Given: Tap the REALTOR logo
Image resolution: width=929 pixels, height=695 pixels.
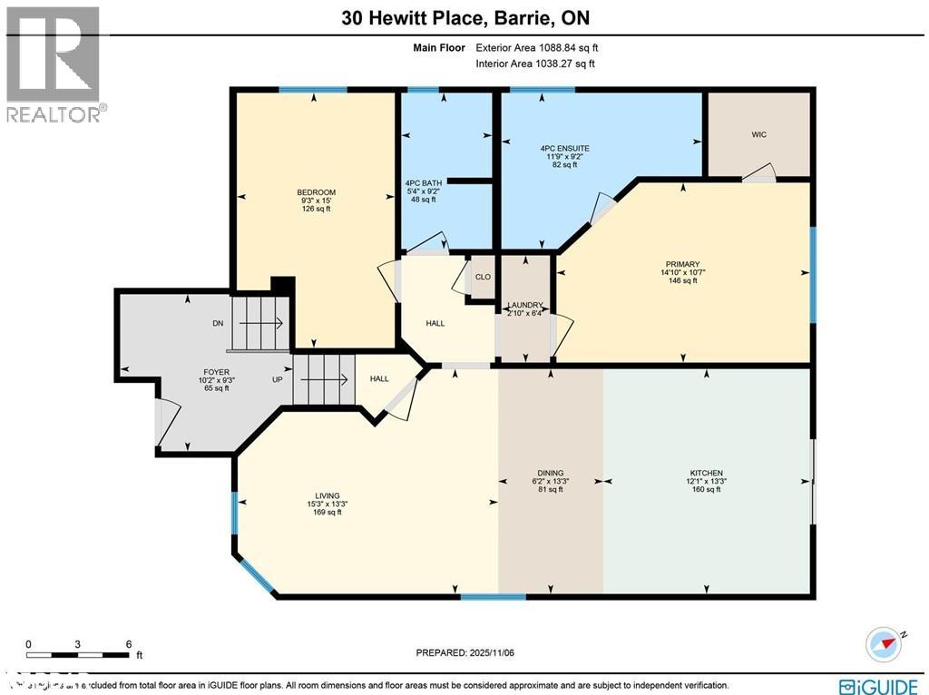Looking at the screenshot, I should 54,64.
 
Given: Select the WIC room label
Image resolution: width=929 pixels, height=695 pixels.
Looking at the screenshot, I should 758,134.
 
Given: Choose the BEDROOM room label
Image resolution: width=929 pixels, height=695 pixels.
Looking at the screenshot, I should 316,192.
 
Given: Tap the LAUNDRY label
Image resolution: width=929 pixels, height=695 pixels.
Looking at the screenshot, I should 525,306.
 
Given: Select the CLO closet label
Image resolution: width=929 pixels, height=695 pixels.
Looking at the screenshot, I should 483,277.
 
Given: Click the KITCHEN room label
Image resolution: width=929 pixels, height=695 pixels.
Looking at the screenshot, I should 706,474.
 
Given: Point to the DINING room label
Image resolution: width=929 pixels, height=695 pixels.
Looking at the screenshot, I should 550,474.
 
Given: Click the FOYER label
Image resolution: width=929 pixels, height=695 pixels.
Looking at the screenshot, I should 216,372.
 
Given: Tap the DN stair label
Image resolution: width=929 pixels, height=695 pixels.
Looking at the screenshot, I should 218,323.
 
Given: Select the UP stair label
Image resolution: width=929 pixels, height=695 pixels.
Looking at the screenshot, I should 278,379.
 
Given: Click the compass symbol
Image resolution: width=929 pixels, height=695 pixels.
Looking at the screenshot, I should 884,644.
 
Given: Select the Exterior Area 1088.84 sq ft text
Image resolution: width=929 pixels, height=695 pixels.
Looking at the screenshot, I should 535,47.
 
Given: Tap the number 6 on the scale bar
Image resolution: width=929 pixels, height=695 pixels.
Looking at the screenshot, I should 129,643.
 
